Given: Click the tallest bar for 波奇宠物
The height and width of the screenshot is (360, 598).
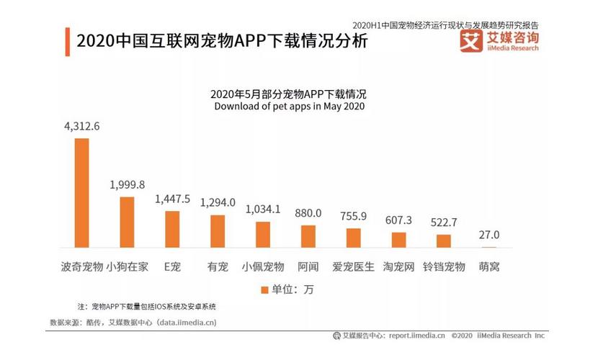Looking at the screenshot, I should [x=82, y=193].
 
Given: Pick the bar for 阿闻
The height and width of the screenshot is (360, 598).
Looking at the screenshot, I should [x=308, y=237].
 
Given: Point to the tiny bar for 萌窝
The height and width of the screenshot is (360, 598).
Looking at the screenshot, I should [x=489, y=247].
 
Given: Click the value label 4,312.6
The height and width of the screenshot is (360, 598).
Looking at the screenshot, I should [x=81, y=127].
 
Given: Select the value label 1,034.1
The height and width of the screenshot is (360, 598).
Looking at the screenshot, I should [x=263, y=210].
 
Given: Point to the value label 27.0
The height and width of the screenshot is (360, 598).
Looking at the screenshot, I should [x=489, y=235].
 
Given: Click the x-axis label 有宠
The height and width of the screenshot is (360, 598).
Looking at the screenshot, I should [x=217, y=266].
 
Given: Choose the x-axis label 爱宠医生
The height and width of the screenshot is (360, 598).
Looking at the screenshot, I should [x=353, y=266].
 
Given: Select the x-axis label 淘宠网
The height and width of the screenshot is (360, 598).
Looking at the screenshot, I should [x=398, y=266].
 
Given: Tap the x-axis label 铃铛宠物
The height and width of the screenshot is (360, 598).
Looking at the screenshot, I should [x=444, y=266].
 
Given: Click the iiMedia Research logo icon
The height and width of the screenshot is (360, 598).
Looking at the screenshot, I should [x=471, y=41].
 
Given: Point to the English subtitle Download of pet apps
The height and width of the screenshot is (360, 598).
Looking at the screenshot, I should [x=289, y=107].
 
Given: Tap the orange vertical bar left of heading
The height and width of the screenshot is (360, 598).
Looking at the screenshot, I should [x=67, y=41].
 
